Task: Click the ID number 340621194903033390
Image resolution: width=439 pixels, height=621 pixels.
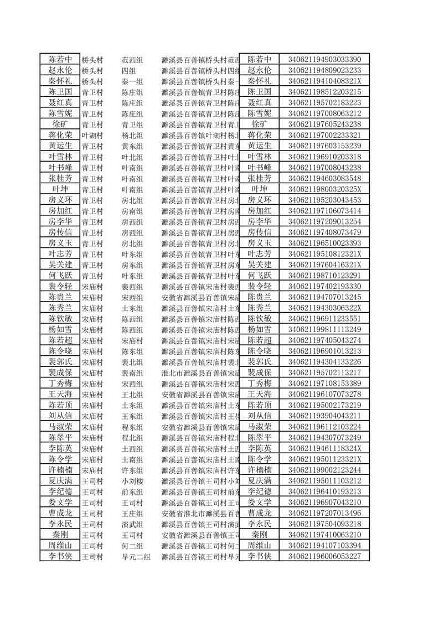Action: tap(324, 60)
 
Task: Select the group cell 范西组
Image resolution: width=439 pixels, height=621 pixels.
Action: tap(132, 60)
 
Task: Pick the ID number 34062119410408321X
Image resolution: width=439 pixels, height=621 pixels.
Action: tap(324, 81)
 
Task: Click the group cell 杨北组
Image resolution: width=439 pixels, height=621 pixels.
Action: tap(132, 135)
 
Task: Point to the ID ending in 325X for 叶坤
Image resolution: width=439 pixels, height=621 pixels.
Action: tap(324, 189)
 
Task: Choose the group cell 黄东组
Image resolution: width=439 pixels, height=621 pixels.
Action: tap(132, 146)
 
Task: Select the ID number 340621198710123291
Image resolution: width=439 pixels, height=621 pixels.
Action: tap(324, 276)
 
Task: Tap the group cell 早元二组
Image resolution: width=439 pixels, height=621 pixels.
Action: tap(136, 557)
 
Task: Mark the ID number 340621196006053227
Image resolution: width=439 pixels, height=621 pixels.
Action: tap(324, 557)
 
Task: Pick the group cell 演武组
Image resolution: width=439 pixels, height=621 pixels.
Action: tap(132, 524)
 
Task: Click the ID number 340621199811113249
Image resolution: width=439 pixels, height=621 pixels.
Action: tap(324, 329)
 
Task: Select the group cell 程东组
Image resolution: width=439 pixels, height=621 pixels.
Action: tap(132, 427)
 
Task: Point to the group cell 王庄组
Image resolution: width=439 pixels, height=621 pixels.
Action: tap(132, 513)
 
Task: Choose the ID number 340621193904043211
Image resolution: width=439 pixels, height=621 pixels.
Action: tap(324, 416)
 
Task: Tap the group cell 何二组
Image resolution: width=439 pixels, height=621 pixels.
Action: tap(132, 546)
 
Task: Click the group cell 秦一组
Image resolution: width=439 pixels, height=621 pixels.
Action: tap(132, 81)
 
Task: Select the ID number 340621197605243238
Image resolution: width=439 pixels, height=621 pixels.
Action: tap(324, 125)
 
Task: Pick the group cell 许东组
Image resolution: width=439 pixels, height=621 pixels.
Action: tap(132, 470)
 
